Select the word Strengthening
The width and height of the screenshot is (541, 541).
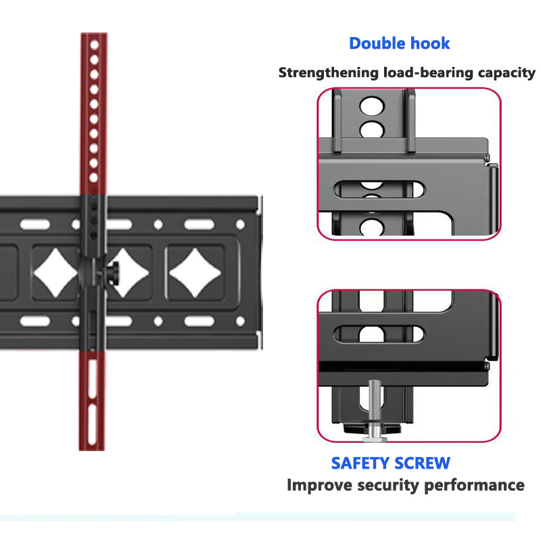pyautogui.click(x=329, y=73)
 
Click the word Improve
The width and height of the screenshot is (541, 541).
pyautogui.click(x=319, y=486)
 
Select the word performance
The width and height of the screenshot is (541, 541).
pyautogui.click(x=474, y=486)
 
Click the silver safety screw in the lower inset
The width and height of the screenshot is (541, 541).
pyautogui.click(x=375, y=410)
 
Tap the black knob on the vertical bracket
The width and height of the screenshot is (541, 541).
pyautogui.click(x=113, y=273)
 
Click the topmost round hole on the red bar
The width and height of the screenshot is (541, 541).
pyautogui.click(x=95, y=45)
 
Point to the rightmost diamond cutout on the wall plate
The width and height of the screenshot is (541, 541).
pyautogui.click(x=195, y=273)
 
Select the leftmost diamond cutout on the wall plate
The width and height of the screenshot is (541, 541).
pyautogui.click(x=55, y=273)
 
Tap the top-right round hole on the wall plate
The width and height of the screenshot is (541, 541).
pyautogui.click(x=241, y=225)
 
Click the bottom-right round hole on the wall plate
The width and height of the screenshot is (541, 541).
pyautogui.click(x=241, y=321)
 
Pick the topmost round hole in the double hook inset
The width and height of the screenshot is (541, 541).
pyautogui.click(x=371, y=105)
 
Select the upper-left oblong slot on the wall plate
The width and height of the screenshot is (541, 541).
pyautogui.click(x=35, y=225)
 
